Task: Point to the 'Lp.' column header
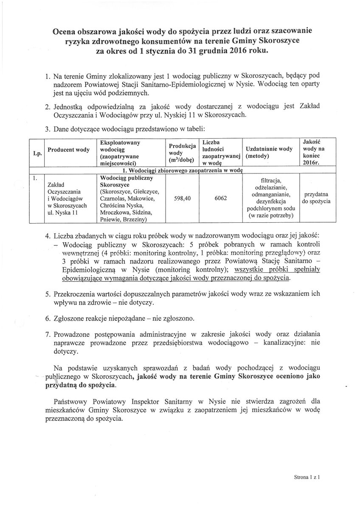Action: pos(37,153)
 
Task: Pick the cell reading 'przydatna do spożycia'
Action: pos(316,198)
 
